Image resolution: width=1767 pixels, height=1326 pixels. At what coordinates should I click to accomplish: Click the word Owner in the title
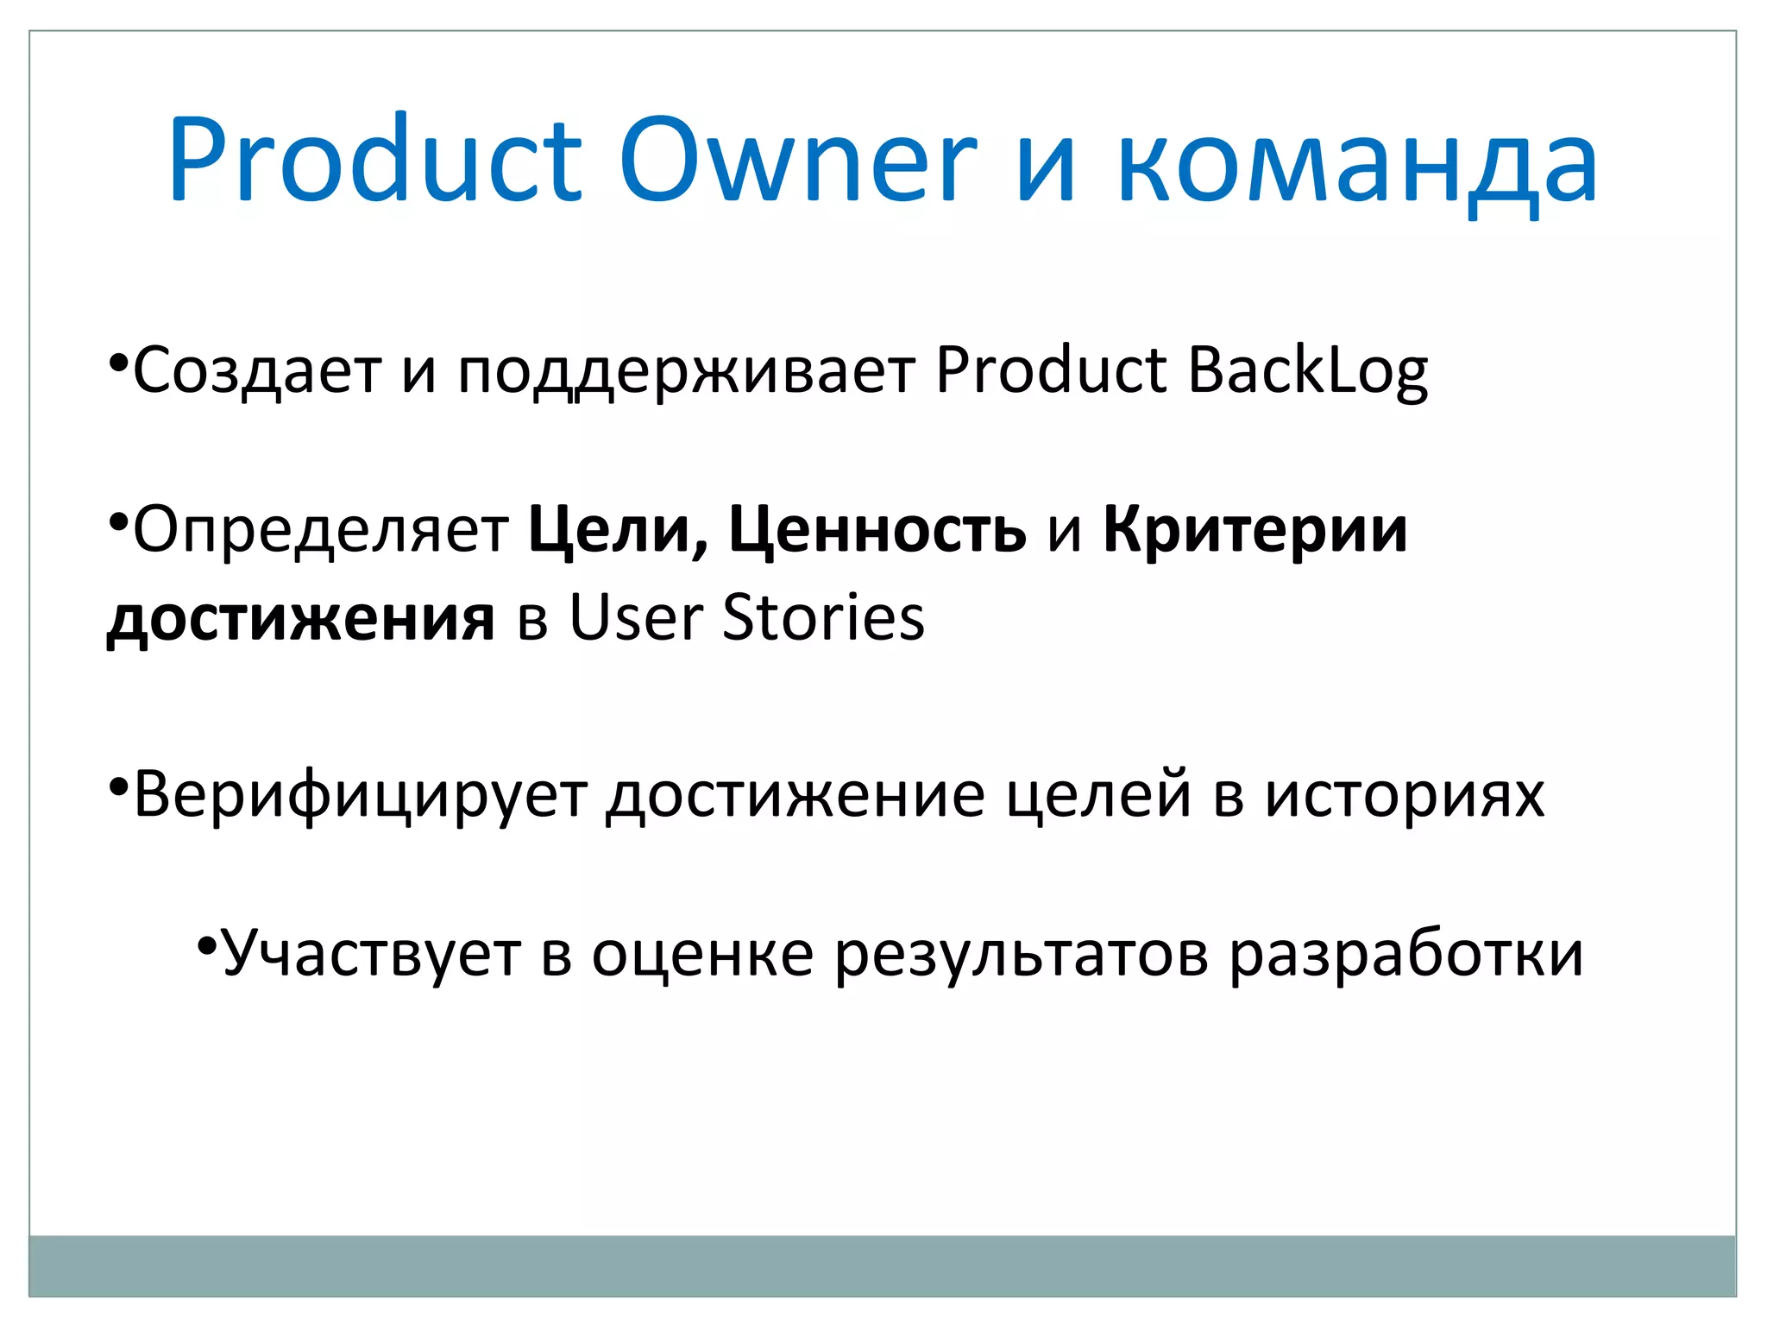(x=797, y=161)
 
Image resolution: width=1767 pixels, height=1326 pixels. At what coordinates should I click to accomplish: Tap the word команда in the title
(x=1357, y=164)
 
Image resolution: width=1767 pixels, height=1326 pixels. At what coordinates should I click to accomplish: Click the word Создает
(x=256, y=370)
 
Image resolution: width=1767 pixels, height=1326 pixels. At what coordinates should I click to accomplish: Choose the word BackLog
(x=1307, y=370)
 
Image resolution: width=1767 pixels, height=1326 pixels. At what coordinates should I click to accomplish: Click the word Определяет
(x=320, y=530)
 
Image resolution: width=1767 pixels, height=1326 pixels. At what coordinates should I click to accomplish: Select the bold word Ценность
(x=877, y=530)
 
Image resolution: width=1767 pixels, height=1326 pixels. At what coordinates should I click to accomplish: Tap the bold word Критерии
(x=1255, y=530)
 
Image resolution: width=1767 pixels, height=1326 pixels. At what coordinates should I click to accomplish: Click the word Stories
(x=823, y=618)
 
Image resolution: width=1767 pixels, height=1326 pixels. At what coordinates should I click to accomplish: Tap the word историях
(x=1405, y=795)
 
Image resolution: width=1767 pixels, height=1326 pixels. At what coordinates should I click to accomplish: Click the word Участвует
(x=371, y=955)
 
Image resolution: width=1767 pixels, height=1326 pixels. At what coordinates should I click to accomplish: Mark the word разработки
(x=1406, y=955)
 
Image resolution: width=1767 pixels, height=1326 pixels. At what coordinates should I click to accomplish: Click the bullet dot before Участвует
(x=206, y=945)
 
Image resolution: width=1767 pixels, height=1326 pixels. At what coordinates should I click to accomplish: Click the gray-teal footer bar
(x=882, y=1266)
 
